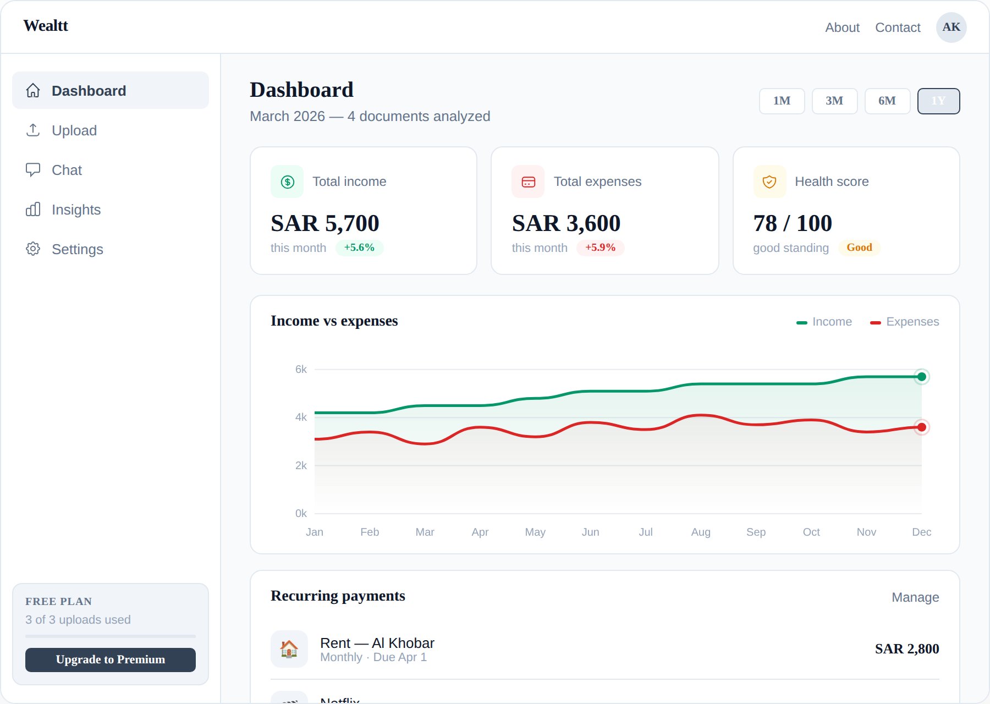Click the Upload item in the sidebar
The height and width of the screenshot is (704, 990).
[74, 130]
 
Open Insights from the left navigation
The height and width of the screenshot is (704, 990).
[76, 210]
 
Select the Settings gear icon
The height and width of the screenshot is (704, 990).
[33, 249]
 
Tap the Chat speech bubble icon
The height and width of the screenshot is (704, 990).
[33, 170]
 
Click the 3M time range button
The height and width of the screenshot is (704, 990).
[834, 101]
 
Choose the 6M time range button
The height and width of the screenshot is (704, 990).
[887, 101]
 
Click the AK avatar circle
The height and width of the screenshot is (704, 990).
[951, 28]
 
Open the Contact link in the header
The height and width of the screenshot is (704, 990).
[898, 28]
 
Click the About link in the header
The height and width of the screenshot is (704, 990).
[842, 28]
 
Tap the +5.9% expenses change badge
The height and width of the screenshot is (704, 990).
[600, 248]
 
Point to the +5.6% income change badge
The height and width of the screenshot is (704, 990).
[359, 248]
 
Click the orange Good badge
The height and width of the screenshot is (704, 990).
[859, 248]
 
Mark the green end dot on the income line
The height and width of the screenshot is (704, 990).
[922, 377]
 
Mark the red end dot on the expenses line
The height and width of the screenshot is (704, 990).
[922, 427]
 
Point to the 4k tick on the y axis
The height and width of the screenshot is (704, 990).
[301, 417]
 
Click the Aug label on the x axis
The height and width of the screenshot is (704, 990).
[701, 532]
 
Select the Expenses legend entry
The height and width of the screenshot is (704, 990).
[905, 322]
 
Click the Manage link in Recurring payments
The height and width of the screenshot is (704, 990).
[915, 597]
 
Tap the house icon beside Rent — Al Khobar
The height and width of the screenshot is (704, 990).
[289, 649]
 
